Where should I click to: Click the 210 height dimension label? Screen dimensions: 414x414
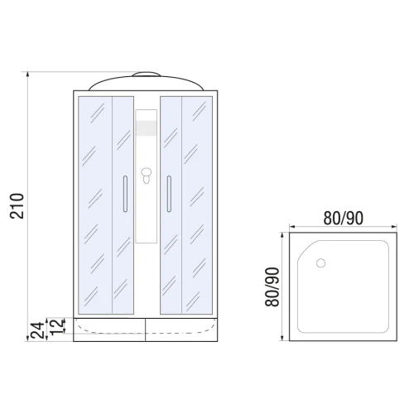(x=17, y=206)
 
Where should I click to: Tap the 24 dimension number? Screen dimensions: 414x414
(x=37, y=330)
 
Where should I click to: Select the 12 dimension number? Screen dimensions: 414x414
(x=58, y=325)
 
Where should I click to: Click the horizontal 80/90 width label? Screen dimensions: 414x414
(x=343, y=219)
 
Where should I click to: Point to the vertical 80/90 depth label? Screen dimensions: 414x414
(x=272, y=286)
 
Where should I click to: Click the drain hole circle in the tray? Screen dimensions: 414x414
(x=320, y=263)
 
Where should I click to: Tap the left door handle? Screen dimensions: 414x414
(x=125, y=194)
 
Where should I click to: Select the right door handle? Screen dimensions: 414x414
(x=169, y=194)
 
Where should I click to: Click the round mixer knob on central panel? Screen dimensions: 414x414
(x=147, y=172)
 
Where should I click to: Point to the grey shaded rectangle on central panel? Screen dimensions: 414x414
(x=147, y=128)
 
